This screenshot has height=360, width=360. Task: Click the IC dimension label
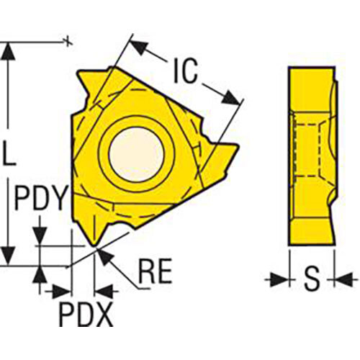pyautogui.click(x=185, y=71)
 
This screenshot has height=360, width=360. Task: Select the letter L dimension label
pyautogui.click(x=9, y=153)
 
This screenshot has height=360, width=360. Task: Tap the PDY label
pyautogui.click(x=40, y=198)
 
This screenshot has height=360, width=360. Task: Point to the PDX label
pyautogui.click(x=86, y=314)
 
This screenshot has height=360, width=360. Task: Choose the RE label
pyautogui.click(x=156, y=271)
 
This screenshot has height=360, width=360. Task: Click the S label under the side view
pyautogui.click(x=312, y=279)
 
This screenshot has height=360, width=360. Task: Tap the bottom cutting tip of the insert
pyautogui.click(x=94, y=246)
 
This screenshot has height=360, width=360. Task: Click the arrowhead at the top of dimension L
pyautogui.click(x=9, y=52)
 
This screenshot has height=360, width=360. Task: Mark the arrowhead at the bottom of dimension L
pyautogui.click(x=9, y=256)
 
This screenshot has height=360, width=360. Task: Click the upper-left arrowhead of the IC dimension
pyautogui.click(x=140, y=48)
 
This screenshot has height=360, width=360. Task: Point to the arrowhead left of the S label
pyautogui.click(x=279, y=279)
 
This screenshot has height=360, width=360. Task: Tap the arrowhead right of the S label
pyautogui.click(x=343, y=279)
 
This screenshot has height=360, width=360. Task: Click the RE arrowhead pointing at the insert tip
pyautogui.click(x=104, y=256)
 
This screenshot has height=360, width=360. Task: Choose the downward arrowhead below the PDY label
pyautogui.click(x=40, y=235)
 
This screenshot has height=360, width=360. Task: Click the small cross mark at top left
pyautogui.click(x=68, y=41)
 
